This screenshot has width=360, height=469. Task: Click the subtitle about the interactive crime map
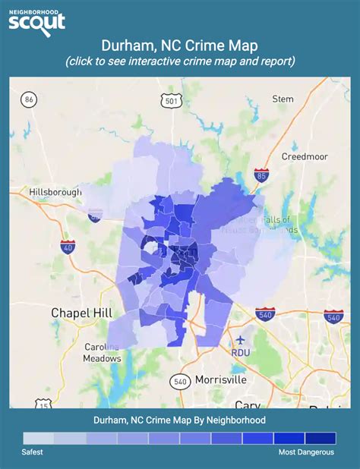click(x=180, y=60)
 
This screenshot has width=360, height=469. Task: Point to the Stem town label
click(x=283, y=99)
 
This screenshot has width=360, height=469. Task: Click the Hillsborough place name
click(x=55, y=193)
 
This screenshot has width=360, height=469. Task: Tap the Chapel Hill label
click(x=81, y=312)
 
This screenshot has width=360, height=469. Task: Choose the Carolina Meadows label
click(x=103, y=353)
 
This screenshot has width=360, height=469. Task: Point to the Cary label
click(x=248, y=404)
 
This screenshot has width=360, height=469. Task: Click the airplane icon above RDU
click(x=242, y=339)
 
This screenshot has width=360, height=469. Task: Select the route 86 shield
click(x=30, y=99)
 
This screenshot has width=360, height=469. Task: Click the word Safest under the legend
click(x=32, y=452)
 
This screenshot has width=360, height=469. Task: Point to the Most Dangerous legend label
click(x=307, y=452)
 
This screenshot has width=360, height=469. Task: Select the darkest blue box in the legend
click(x=320, y=438)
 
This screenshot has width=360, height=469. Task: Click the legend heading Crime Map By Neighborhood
click(x=180, y=420)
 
